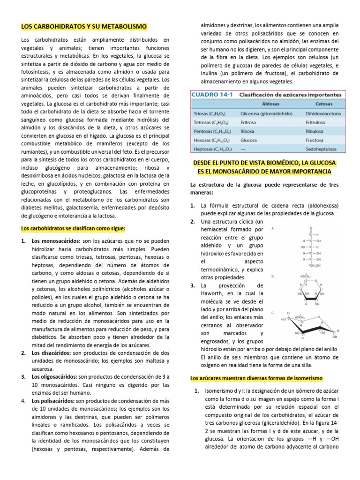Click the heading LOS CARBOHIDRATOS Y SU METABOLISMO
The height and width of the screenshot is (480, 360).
tap(84, 26)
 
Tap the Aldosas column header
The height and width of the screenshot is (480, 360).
tap(262, 105)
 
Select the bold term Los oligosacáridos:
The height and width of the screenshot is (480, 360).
tap(55, 377)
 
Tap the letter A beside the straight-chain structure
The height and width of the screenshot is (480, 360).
tap(273, 229)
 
